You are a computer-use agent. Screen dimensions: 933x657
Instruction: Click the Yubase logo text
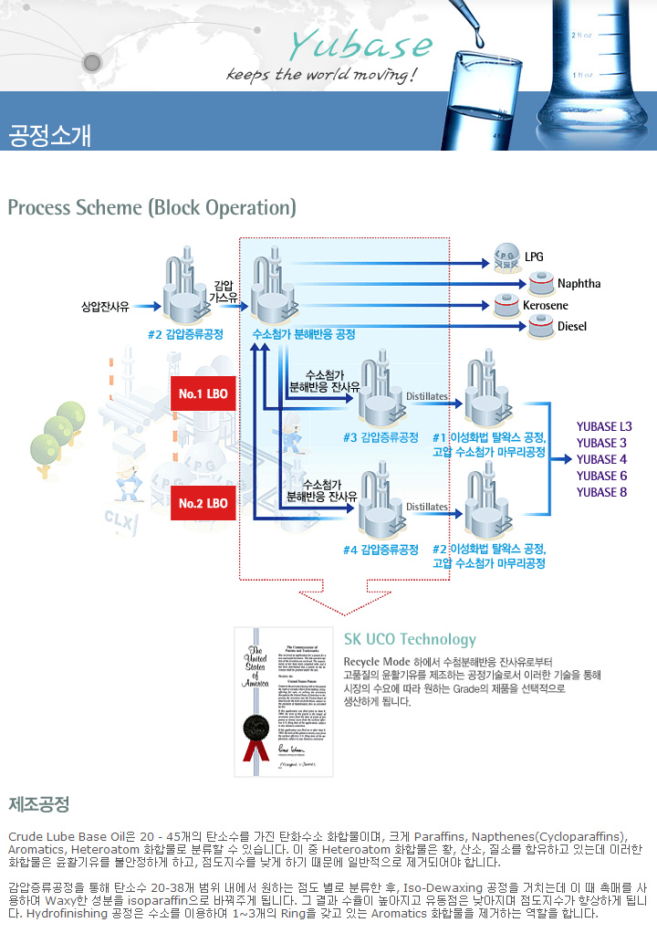point(360,44)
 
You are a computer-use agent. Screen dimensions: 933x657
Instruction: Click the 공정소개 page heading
point(49,134)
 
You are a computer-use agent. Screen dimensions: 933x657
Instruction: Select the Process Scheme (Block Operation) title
point(151,207)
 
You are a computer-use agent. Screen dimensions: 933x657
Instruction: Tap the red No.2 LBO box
point(203,503)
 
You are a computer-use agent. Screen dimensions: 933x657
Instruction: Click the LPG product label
point(534,257)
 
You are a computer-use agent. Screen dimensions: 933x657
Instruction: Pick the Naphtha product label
point(579,284)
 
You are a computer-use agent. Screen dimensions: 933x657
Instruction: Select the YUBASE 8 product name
point(601,492)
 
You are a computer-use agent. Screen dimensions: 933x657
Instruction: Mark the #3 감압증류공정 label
point(381,437)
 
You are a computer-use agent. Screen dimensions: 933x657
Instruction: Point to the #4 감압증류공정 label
point(381,550)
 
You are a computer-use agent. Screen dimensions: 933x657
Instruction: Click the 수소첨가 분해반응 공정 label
point(302,334)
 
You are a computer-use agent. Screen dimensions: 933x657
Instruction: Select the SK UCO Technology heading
point(410,639)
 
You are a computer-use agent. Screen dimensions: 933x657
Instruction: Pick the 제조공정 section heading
point(38,804)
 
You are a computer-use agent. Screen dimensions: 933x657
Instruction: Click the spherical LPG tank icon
point(505,257)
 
